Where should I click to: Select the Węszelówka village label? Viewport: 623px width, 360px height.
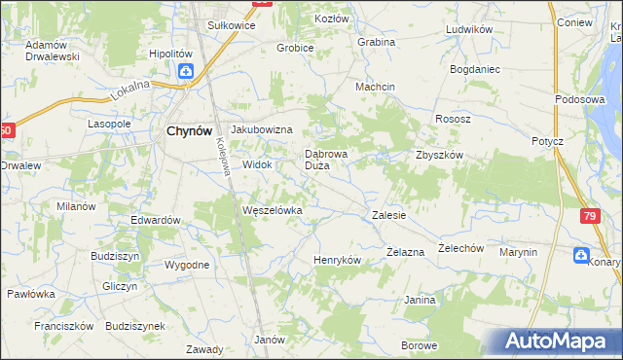tap(273, 210)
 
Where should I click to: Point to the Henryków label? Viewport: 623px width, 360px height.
tap(337, 261)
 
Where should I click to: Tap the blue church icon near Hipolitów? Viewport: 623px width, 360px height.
tap(185, 71)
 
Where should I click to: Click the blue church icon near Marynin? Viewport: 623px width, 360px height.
tap(581, 256)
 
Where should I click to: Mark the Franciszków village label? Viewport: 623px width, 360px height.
tap(62, 326)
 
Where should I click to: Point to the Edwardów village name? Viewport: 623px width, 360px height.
tap(156, 220)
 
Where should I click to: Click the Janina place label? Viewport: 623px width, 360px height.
tap(420, 300)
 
